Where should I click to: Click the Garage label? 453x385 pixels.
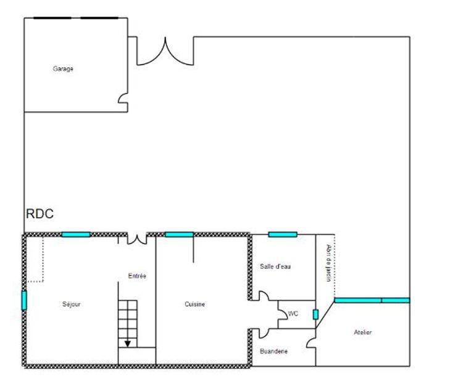(x=63, y=69)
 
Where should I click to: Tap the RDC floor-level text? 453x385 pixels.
(x=39, y=214)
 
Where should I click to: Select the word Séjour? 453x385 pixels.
(x=72, y=304)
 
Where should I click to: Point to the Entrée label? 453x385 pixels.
(x=137, y=276)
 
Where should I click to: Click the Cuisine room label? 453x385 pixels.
(x=195, y=304)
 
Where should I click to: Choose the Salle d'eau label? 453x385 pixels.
(x=275, y=267)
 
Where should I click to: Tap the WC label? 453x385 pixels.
(x=293, y=314)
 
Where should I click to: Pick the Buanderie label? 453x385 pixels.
(x=273, y=351)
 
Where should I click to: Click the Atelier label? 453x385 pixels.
(x=363, y=333)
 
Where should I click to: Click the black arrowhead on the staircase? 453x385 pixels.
(x=128, y=344)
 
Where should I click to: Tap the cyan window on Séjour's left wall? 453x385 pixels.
(x=25, y=300)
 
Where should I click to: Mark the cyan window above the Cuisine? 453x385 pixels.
(x=179, y=234)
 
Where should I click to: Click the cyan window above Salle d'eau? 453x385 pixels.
(x=283, y=234)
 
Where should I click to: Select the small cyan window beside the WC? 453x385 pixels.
(x=315, y=315)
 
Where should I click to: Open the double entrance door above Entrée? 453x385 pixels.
(x=137, y=238)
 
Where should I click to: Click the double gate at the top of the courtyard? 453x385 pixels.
(x=165, y=52)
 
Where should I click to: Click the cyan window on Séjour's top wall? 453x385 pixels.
(x=76, y=234)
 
